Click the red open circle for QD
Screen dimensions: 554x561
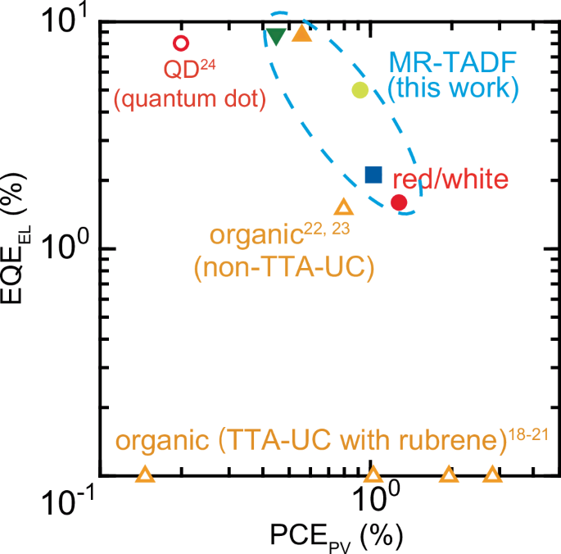point(181,43)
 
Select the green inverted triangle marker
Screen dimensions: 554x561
point(277,35)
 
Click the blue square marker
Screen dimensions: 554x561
point(373,174)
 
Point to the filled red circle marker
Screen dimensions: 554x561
point(399,202)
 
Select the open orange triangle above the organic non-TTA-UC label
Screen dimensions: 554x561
point(344,207)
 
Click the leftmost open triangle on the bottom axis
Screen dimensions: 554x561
point(145,475)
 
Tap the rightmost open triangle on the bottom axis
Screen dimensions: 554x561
point(492,475)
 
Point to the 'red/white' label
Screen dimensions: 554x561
point(452,179)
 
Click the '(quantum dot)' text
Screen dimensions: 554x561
point(190,99)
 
